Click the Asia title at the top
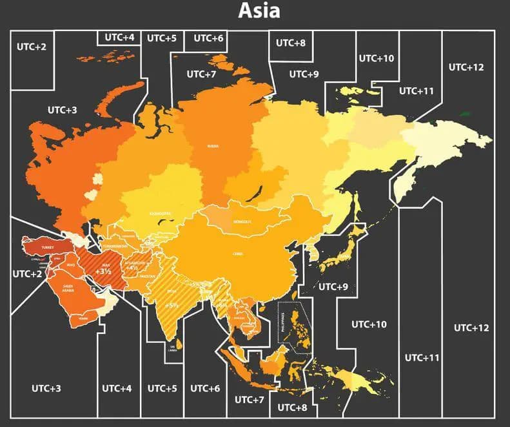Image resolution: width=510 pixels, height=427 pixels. [259, 10]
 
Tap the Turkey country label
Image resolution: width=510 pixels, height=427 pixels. [48, 247]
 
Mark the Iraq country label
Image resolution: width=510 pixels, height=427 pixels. [71, 266]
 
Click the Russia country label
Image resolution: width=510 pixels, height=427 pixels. [213, 146]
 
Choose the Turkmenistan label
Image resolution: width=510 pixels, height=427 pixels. [117, 247]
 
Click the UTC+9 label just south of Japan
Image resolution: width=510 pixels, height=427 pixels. [333, 286]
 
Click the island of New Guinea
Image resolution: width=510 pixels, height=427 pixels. [361, 381]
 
